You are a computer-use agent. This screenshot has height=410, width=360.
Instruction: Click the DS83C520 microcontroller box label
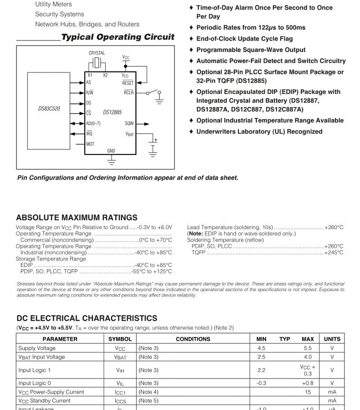pos(49,109)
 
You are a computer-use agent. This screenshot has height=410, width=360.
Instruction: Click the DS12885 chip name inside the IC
pos(112,112)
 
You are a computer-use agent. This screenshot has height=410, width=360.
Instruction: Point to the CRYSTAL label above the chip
pos(97,53)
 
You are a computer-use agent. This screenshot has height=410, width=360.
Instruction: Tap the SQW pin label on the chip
pos(129,123)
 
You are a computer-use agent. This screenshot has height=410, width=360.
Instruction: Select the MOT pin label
pos(90,144)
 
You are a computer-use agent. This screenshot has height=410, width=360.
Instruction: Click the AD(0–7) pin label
pos(93,123)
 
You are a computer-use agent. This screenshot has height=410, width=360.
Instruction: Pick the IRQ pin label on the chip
pos(89,133)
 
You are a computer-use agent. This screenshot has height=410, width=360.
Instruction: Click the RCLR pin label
pos(129,92)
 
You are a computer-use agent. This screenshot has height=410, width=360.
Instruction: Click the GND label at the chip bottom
pos(111,151)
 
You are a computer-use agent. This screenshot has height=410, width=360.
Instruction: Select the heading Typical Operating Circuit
pos(118,37)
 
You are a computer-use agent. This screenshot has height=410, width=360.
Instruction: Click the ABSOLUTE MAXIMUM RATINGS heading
pos(77,218)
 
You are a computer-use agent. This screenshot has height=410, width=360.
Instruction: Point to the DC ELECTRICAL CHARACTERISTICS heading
pos(87,318)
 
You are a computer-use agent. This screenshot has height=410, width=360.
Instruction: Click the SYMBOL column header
pos(120,339)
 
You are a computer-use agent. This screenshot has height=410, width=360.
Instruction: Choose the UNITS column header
pos(332,339)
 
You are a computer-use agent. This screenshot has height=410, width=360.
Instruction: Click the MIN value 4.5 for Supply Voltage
pos(261,348)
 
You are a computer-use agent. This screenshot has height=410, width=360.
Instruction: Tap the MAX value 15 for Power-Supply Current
pos(308,392)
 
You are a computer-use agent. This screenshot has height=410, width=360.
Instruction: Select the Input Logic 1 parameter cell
pos(35,370)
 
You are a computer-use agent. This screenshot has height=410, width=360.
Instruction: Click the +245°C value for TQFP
pos(334,252)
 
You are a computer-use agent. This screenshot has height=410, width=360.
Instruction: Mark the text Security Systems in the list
pos(60,14)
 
